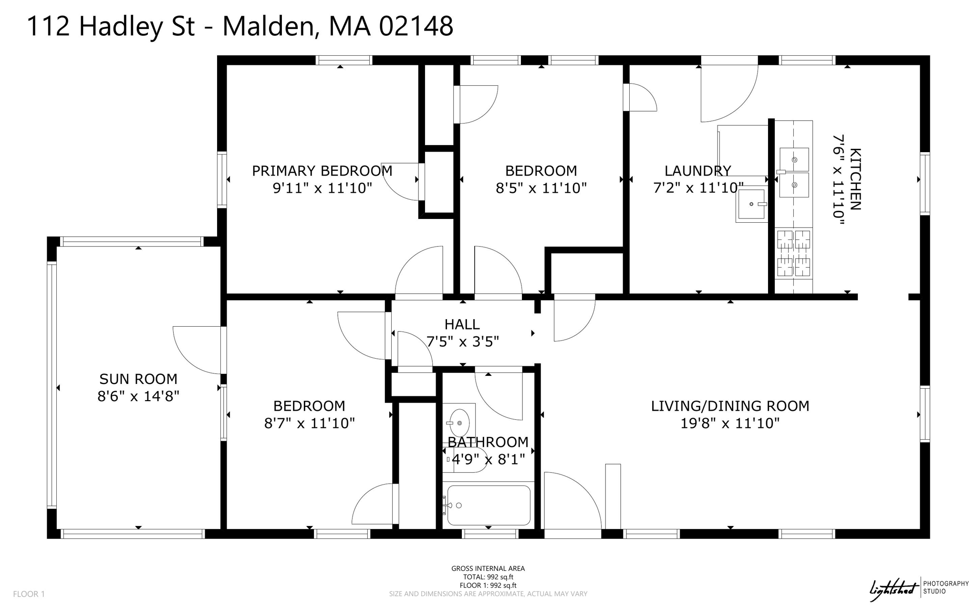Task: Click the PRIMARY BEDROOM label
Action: pos(322,171)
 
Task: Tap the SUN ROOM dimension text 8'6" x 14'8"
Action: pos(138,396)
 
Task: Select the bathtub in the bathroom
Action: pos(488,506)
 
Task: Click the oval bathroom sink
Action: pos(459,423)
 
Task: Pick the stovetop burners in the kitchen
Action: pos(793,253)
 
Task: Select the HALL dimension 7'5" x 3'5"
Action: pos(462,342)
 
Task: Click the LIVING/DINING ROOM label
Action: pos(730,406)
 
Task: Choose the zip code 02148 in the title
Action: pos(416,26)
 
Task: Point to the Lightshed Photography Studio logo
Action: pos(918,589)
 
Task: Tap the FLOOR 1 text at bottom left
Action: pos(29,594)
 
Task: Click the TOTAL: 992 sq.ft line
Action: pos(488,577)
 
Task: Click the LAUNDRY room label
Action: pos(697,171)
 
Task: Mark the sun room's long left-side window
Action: pos(52,384)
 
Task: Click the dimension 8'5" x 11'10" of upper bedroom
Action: pos(541,188)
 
